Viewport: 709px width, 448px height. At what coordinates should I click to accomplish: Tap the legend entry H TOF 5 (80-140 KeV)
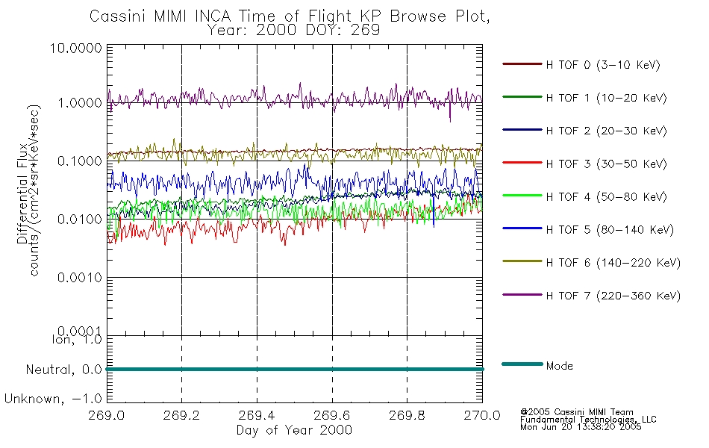(x=610, y=230)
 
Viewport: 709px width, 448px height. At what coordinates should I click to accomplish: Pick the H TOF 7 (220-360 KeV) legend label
(x=613, y=296)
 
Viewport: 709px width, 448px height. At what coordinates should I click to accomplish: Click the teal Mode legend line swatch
(x=520, y=364)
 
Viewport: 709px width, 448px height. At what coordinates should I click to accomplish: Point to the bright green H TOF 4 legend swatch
(x=520, y=196)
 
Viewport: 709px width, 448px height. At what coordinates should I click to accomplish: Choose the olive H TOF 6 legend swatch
(x=520, y=263)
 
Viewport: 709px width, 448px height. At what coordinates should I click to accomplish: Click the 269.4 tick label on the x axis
(x=257, y=417)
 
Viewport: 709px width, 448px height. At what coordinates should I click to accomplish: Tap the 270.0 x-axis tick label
(x=482, y=417)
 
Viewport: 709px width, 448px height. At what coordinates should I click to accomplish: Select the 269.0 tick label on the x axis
(x=107, y=417)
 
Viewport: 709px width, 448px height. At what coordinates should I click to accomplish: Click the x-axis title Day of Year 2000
(x=294, y=430)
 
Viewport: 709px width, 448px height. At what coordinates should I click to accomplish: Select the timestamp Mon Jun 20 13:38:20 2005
(x=581, y=428)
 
